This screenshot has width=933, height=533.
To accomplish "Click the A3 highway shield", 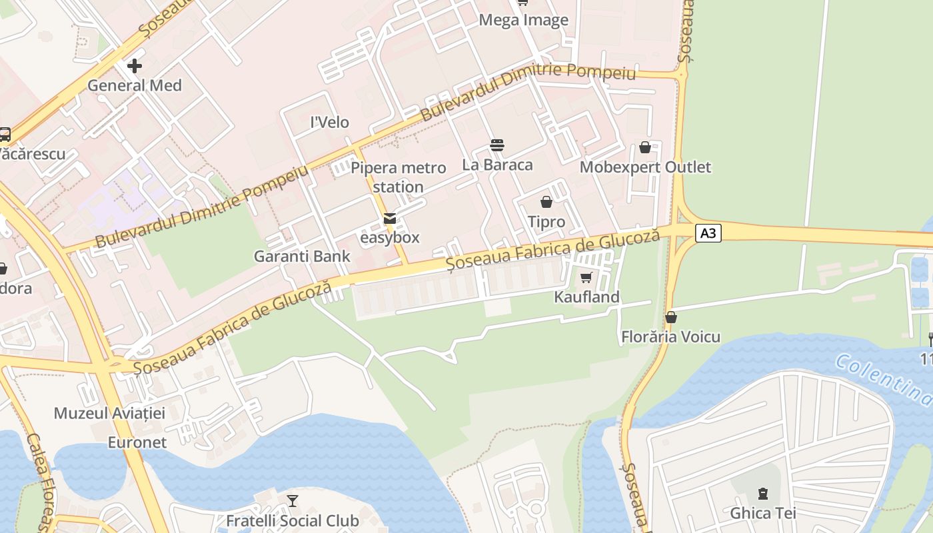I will (x=708, y=233).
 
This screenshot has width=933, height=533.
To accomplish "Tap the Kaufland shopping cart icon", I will (x=586, y=278).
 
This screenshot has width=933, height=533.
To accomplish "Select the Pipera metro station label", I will (x=398, y=177).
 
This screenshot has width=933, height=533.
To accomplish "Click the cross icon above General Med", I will (x=135, y=65).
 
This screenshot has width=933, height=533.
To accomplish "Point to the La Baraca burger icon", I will (x=496, y=145).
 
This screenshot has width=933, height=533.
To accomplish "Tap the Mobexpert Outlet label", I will (x=645, y=167).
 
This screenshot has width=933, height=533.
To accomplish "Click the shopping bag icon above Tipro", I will (x=546, y=202).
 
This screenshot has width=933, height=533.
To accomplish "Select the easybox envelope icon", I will (x=390, y=219).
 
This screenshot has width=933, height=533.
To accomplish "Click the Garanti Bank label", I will (x=302, y=257).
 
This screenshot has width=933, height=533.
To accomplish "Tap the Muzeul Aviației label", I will (x=109, y=413).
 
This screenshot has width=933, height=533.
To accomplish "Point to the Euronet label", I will (x=137, y=442).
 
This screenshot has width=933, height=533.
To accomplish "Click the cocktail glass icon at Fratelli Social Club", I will (x=292, y=501).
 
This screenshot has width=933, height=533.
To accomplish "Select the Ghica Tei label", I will (x=762, y=513).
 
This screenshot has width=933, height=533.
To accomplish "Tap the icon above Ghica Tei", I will (x=762, y=494).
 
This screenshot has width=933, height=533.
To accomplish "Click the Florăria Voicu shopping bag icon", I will (x=670, y=317).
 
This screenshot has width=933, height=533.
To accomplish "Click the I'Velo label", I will (x=330, y=123).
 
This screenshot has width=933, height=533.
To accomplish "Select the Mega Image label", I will (x=523, y=21).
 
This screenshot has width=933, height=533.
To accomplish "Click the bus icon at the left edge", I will (x=4, y=134).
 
